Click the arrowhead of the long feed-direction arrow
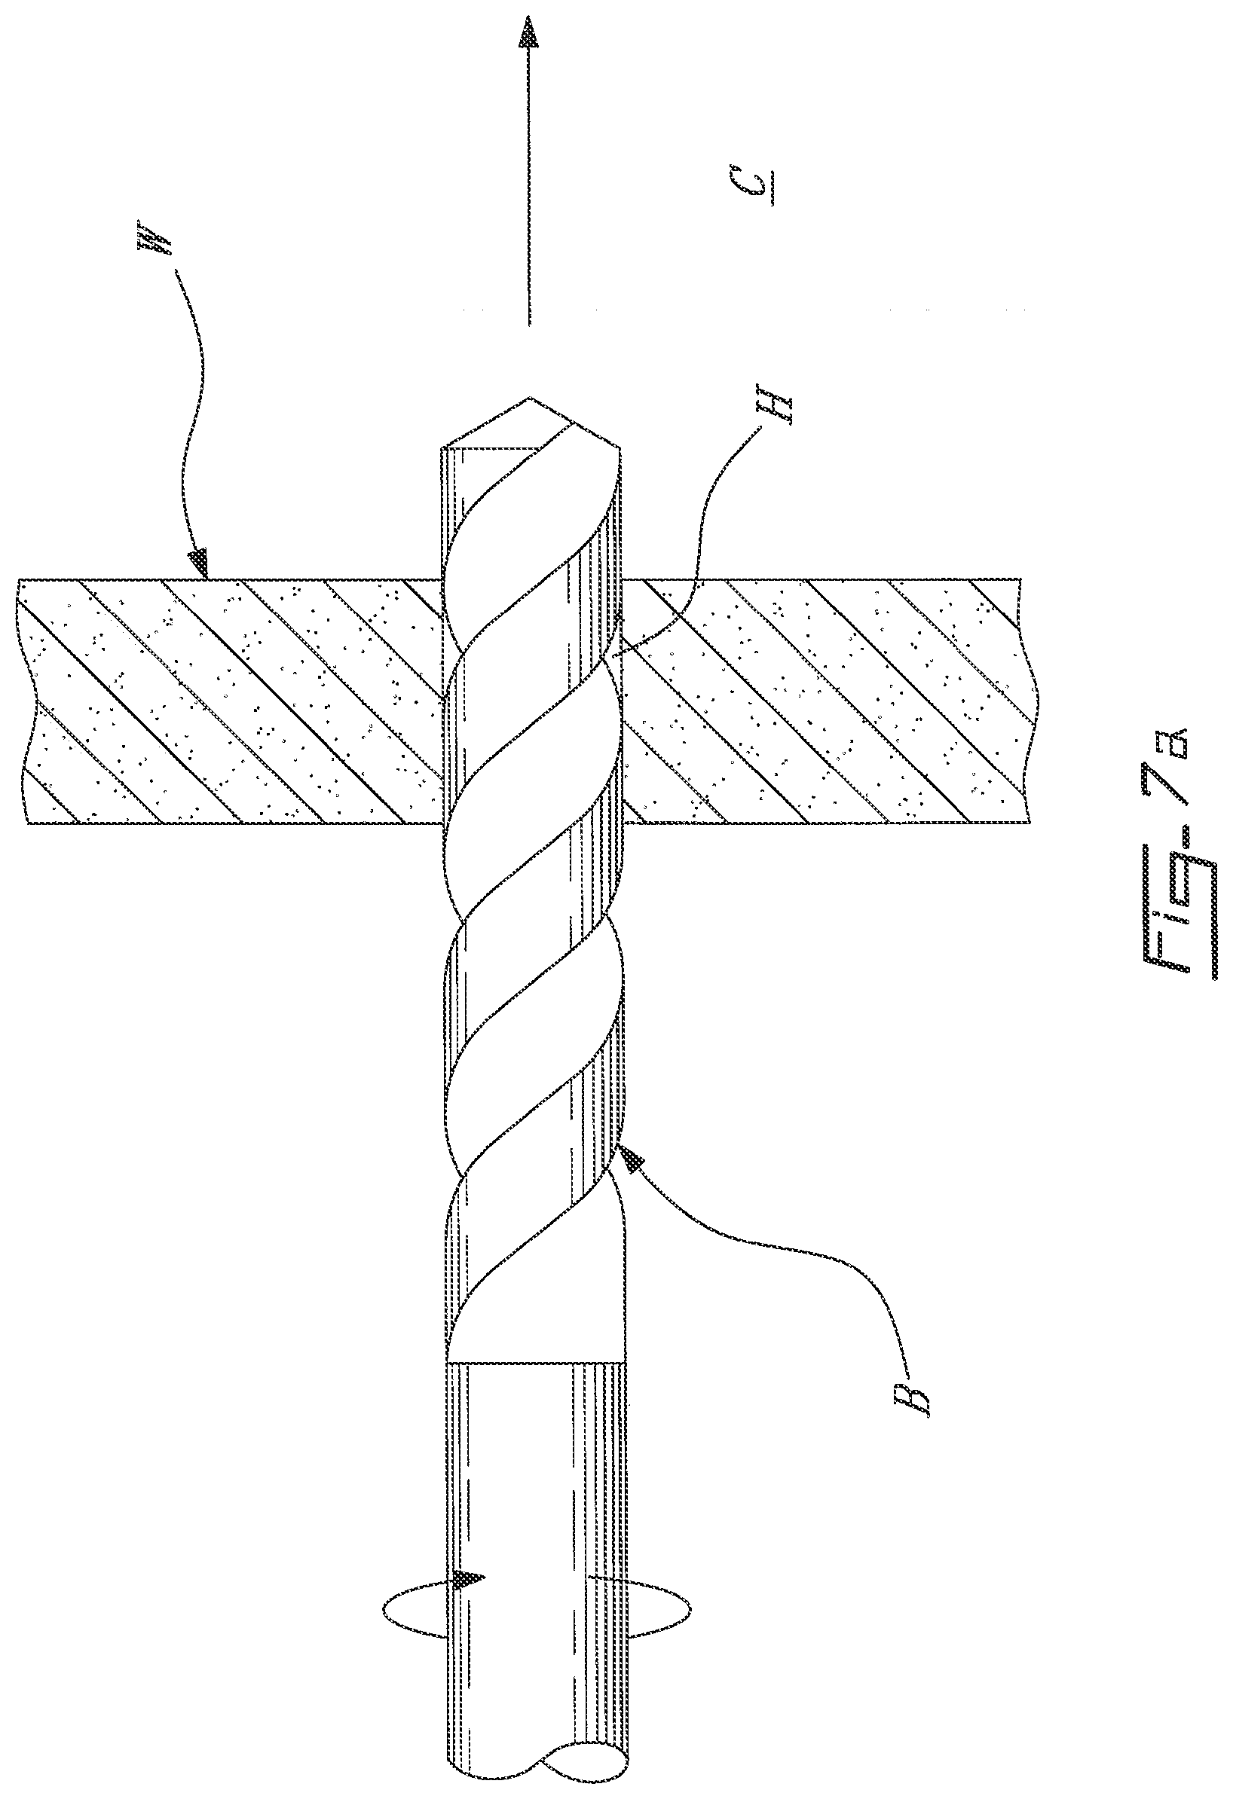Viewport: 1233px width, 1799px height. pyautogui.click(x=529, y=35)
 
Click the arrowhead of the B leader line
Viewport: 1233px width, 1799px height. pyautogui.click(x=634, y=1157)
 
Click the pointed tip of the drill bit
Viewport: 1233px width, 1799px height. pyautogui.click(x=530, y=401)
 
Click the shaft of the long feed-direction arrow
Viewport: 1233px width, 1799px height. pyautogui.click(x=529, y=194)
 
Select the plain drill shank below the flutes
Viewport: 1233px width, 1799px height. pyautogui.click(x=534, y=1548)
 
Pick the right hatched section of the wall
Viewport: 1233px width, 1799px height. pyautogui.click(x=829, y=701)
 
